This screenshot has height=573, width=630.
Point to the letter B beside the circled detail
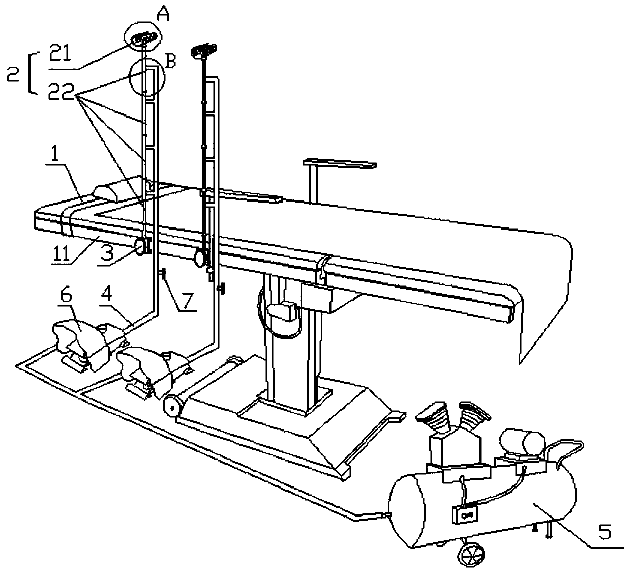coord(171,62)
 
